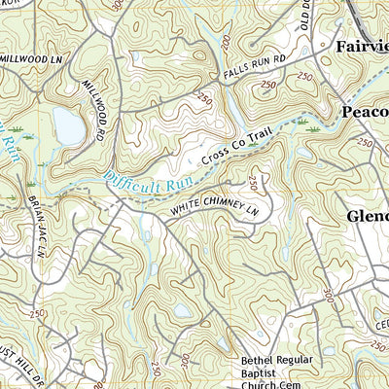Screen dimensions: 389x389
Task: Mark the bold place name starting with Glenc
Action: pyautogui.click(x=367, y=216)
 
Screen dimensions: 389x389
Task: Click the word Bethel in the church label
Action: pyautogui.click(x=261, y=361)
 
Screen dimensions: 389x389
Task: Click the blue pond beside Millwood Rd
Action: pyautogui.click(x=68, y=124)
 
